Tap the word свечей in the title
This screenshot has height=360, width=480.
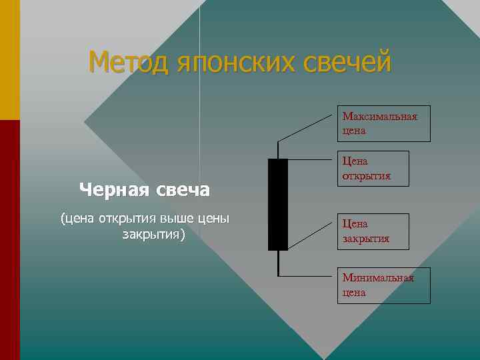click(x=346, y=63)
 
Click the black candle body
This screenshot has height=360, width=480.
click(x=277, y=204)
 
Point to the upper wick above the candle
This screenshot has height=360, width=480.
click(x=277, y=150)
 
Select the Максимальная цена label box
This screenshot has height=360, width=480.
click(x=383, y=123)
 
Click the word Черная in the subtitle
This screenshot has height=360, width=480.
click(x=114, y=191)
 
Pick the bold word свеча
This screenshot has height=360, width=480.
click(x=183, y=191)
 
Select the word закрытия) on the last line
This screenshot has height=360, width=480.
click(x=154, y=235)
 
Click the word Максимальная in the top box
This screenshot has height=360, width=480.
click(x=380, y=117)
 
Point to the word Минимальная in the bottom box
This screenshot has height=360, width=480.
click(x=378, y=278)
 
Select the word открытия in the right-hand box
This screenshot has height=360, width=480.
click(x=366, y=176)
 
